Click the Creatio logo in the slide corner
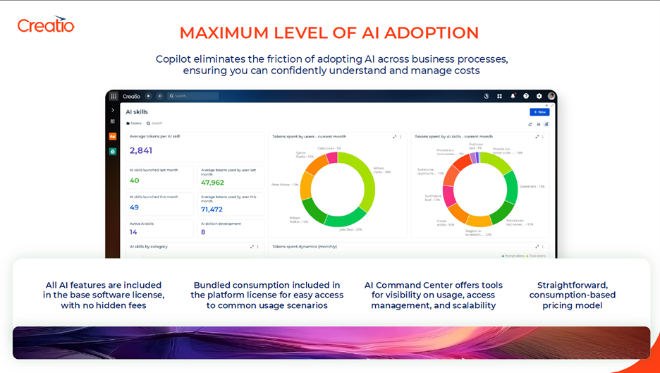coord(46,25)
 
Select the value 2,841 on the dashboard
coord(141,150)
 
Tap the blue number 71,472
coord(212,209)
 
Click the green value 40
coord(134,181)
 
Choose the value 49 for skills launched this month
coord(134,207)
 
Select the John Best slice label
coord(350,229)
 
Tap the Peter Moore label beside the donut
coord(285,185)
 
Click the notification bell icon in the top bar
coord(513,96)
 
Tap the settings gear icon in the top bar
coord(539,96)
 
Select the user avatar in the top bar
coord(551,96)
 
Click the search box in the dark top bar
coord(193,96)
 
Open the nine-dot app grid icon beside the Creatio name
coord(114,96)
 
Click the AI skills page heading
coord(137,112)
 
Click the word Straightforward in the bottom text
coord(573,285)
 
